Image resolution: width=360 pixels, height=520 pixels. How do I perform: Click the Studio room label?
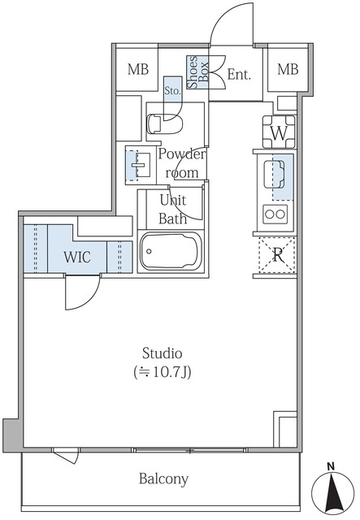pos(163,353)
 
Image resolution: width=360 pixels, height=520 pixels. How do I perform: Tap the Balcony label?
pos(163,479)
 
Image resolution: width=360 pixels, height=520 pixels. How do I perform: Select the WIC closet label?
pos(77,257)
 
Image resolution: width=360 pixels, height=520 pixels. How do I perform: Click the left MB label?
pos(138,69)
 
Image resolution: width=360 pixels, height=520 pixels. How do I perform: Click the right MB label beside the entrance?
pos(288,69)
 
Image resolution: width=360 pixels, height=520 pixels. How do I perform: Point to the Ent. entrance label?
pos(239,75)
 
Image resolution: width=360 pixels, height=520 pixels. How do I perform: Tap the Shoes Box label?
pos(197,72)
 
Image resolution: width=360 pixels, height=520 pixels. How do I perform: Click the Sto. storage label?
pos(173,90)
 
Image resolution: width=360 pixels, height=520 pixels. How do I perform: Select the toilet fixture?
pos(165,123)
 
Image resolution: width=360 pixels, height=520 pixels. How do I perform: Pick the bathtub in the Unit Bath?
pos(171,251)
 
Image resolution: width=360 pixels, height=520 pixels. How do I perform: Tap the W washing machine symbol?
pos(279,132)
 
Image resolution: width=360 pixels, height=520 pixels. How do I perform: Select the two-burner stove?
pos(275,214)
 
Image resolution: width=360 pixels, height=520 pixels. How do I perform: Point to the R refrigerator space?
pos(277,254)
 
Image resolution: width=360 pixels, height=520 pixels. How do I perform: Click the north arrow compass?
pos(332,491)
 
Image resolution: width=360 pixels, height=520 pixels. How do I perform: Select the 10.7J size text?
pos(163,372)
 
